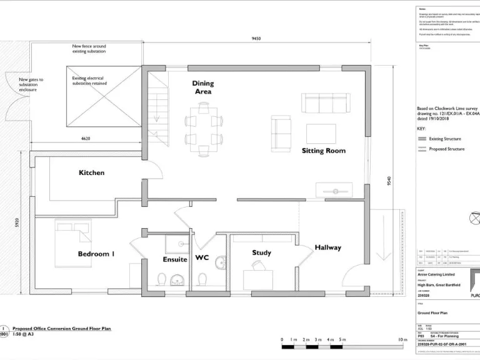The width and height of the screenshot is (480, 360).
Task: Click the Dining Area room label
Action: pos(202,87)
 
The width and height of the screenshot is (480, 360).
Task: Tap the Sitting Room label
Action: pos(323,151)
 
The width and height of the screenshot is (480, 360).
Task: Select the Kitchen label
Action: pos(91,172)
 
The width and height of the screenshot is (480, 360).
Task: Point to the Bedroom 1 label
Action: pos(96,254)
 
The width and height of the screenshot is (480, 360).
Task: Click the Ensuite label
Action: pos(175,259)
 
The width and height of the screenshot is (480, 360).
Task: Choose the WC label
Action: pos(202,257)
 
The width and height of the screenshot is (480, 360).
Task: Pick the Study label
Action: pos(261,252)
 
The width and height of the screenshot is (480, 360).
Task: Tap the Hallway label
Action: pos(327,247)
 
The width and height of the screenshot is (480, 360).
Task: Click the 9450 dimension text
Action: pos(256,38)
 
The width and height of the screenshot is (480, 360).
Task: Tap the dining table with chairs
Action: pos(203,129)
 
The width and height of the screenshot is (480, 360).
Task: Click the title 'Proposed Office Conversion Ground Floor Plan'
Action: pos(61,328)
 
